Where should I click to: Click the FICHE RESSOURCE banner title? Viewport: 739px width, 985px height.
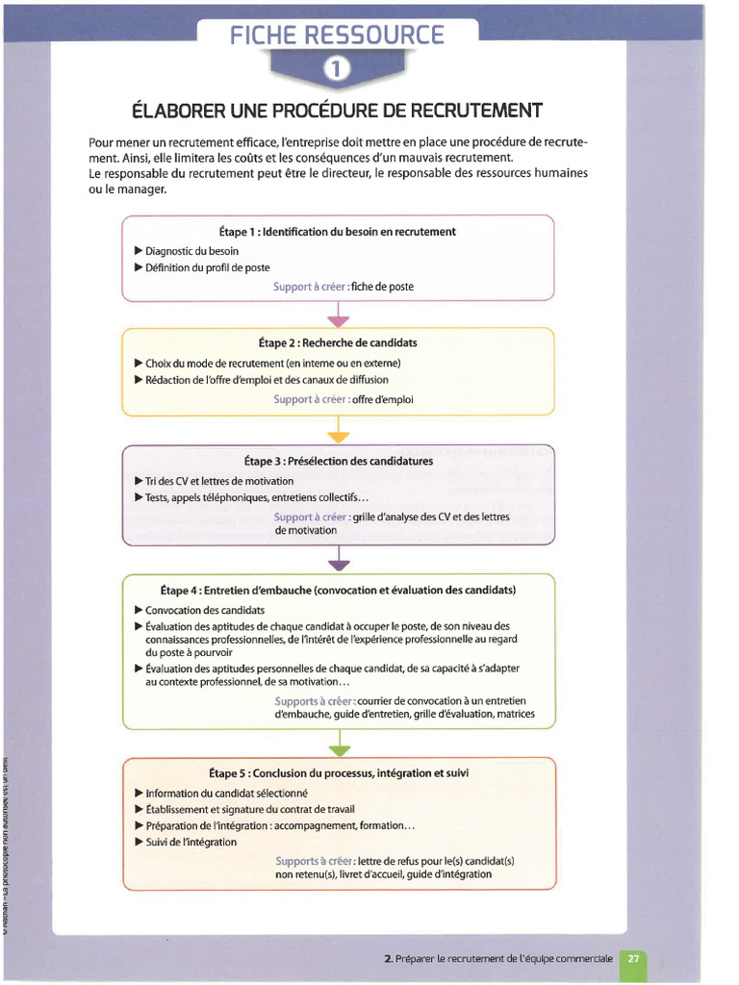[337, 36]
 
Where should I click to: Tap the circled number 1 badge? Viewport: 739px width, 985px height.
[338, 68]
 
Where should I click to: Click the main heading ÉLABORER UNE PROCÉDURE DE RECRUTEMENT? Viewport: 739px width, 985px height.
[337, 111]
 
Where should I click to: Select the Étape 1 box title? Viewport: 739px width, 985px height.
[338, 232]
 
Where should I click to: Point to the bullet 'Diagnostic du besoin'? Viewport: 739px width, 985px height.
[191, 251]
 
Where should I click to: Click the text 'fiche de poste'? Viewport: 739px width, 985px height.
[382, 287]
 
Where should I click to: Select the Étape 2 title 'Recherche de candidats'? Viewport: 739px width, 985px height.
[338, 342]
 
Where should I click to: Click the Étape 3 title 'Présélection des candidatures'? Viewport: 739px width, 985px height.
[338, 461]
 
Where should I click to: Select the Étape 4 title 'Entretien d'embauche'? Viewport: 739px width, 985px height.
[338, 590]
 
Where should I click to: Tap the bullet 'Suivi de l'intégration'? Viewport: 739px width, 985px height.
[191, 842]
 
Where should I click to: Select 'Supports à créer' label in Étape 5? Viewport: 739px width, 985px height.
[315, 861]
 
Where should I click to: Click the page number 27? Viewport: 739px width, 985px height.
[633, 958]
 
